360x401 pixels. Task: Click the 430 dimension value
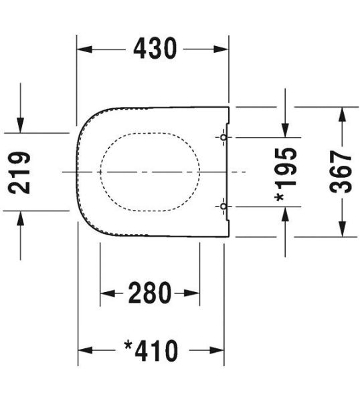coord(155,48)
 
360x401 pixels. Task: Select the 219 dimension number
coord(19,172)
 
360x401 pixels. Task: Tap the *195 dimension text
coord(286,174)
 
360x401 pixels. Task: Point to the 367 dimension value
coord(341,172)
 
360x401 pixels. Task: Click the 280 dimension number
coord(150,293)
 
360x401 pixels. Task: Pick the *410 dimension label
coord(151,351)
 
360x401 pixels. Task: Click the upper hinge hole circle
coord(223,137)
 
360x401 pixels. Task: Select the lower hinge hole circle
coord(223,206)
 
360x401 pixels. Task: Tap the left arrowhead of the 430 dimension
coord(84,49)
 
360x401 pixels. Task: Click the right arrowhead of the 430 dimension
coord(221,49)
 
